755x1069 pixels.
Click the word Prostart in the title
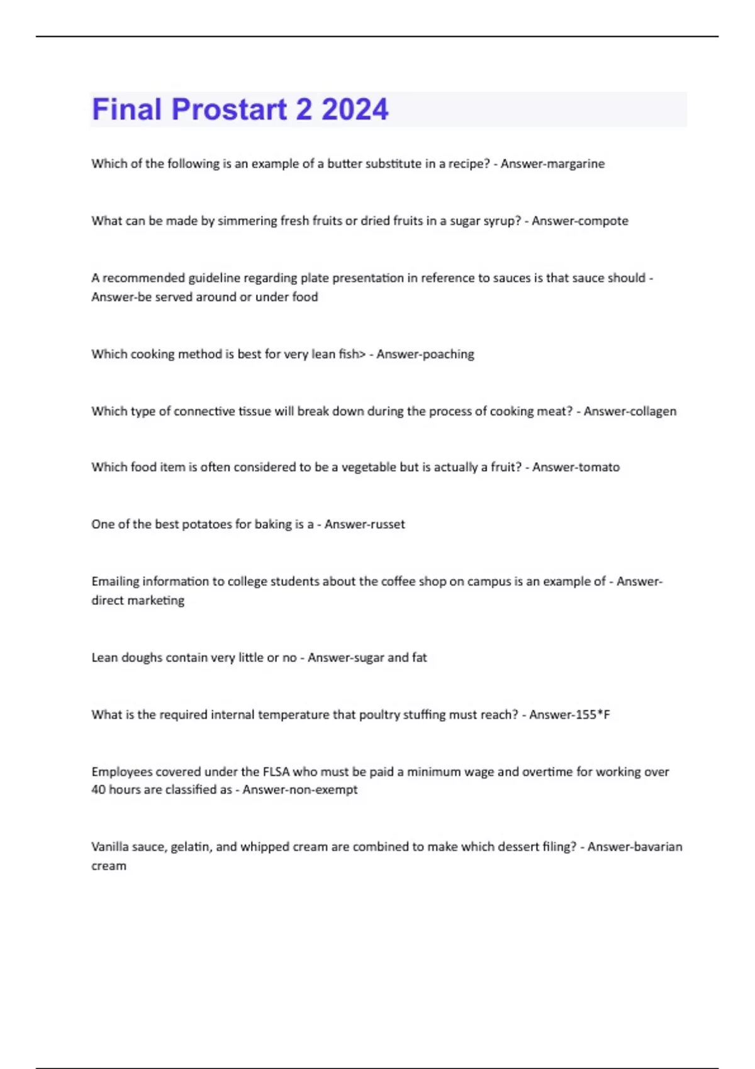coord(228,109)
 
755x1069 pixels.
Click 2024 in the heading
coord(355,109)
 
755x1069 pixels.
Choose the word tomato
coord(596,467)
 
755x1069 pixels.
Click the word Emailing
coord(115,582)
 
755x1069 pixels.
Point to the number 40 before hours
coord(98,790)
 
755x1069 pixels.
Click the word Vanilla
coord(109,847)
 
